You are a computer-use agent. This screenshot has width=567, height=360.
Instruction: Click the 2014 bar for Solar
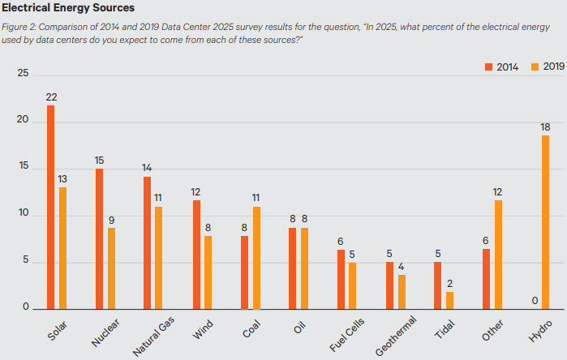tap(50, 208)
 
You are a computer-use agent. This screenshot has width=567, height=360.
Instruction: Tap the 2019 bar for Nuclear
tap(111, 268)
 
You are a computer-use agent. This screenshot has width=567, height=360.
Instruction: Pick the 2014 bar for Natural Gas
tap(147, 242)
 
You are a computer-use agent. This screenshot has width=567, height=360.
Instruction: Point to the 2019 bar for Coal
tap(256, 258)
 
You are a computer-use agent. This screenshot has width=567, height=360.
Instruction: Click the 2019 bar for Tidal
tap(449, 300)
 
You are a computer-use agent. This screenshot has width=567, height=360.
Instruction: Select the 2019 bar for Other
tap(498, 254)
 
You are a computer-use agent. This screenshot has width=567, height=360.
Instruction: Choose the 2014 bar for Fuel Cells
tap(341, 279)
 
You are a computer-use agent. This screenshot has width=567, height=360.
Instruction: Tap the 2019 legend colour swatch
tap(534, 66)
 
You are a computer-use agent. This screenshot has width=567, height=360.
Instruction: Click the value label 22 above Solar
tap(50, 97)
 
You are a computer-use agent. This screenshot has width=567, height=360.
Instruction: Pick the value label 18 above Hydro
tap(545, 127)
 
